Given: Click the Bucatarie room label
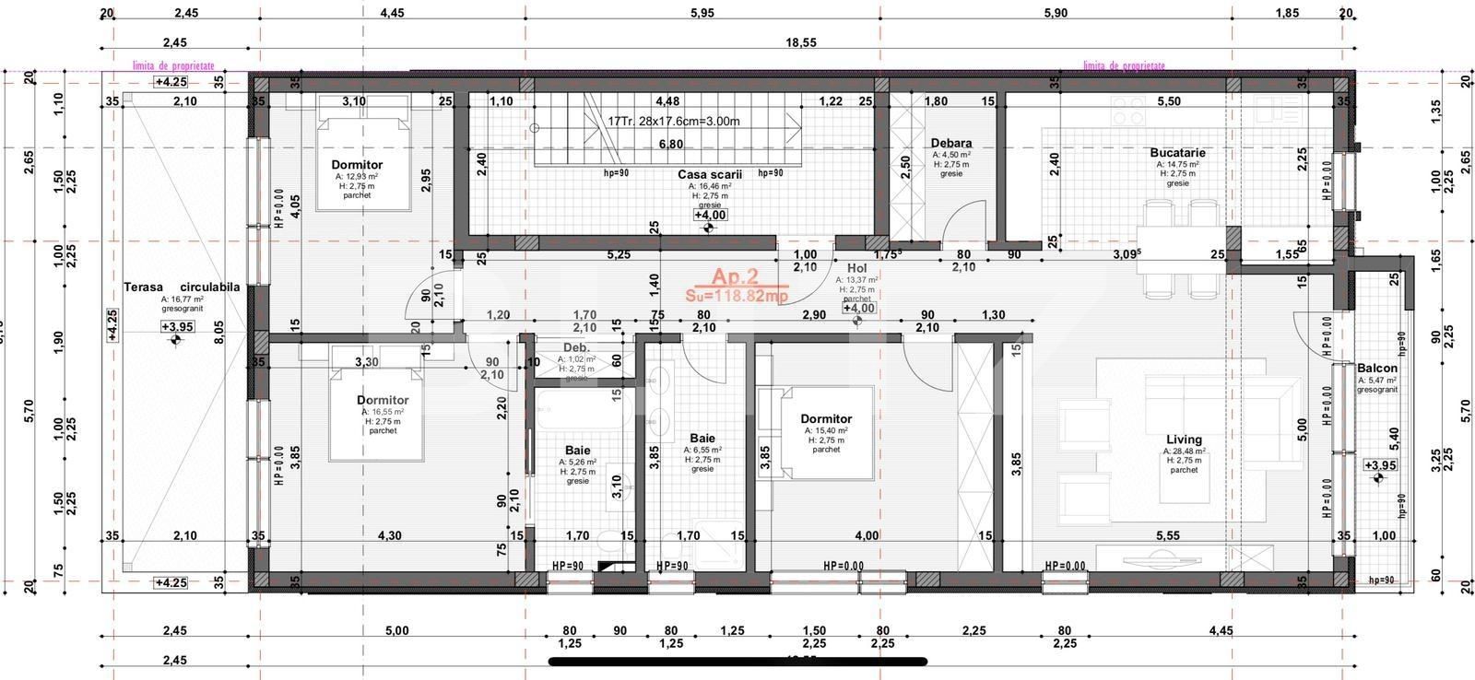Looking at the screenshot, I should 1177,153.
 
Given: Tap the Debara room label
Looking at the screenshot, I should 951,144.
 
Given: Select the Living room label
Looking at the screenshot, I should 1184,440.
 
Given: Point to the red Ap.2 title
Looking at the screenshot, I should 735,276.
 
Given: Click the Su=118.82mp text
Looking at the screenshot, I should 736,296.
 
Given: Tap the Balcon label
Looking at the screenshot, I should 1376,368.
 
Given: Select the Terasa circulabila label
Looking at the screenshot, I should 182,287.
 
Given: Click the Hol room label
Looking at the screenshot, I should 856,268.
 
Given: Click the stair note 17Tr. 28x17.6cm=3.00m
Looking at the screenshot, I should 673,121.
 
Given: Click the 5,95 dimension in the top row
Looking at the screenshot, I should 702,13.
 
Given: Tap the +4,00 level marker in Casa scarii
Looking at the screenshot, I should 709,215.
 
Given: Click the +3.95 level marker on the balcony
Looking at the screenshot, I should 1379,465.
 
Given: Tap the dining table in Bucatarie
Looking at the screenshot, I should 1181,249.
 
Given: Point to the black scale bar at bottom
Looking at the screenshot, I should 737,661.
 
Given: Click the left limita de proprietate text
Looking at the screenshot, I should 173,66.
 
